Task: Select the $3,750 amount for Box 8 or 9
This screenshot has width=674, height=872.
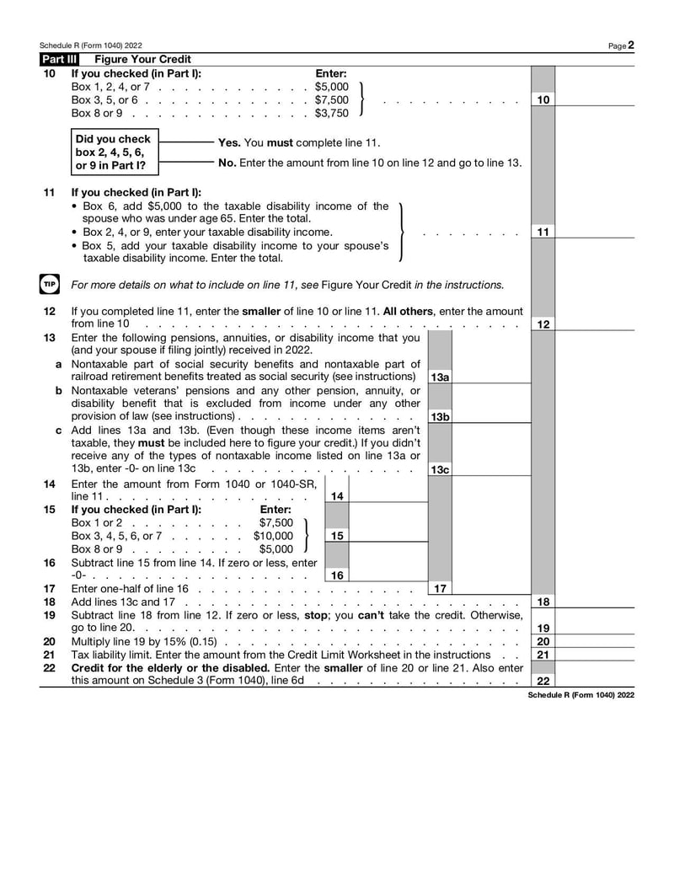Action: [x=331, y=113]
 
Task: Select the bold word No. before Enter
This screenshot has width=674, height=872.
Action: [x=227, y=163]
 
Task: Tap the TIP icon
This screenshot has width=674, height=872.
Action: [x=48, y=284]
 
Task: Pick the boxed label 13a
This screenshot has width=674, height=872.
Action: [x=440, y=377]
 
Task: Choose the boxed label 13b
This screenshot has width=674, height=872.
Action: [x=440, y=417]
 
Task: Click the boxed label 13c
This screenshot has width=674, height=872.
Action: [x=440, y=469]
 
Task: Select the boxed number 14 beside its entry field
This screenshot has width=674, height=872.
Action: [x=337, y=496]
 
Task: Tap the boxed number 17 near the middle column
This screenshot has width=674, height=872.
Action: [x=440, y=588]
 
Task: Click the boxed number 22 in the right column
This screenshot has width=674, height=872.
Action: [x=543, y=681]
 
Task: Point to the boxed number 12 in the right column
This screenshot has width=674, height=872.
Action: [x=543, y=324]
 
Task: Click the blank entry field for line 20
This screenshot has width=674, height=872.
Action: [x=595, y=641]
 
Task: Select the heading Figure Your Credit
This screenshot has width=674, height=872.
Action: [x=142, y=59]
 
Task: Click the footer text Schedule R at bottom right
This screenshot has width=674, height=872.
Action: [x=580, y=695]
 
